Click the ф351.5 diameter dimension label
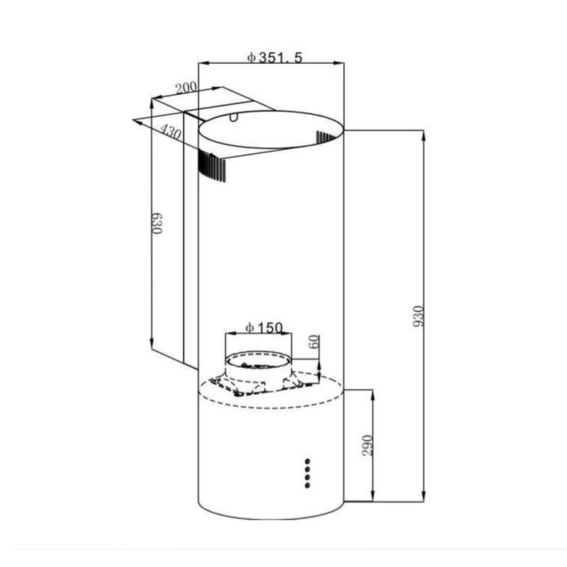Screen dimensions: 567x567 click(x=274, y=57)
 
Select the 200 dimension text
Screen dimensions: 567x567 click(x=186, y=87)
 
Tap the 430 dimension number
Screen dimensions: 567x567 click(x=170, y=132)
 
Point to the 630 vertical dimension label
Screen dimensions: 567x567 click(x=156, y=223)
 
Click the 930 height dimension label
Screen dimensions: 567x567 click(x=418, y=316)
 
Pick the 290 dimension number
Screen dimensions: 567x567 click(x=367, y=446)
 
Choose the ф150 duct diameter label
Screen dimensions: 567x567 click(x=264, y=327)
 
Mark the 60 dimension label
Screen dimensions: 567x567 click(x=315, y=342)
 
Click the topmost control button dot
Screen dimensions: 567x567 click(x=308, y=461)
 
